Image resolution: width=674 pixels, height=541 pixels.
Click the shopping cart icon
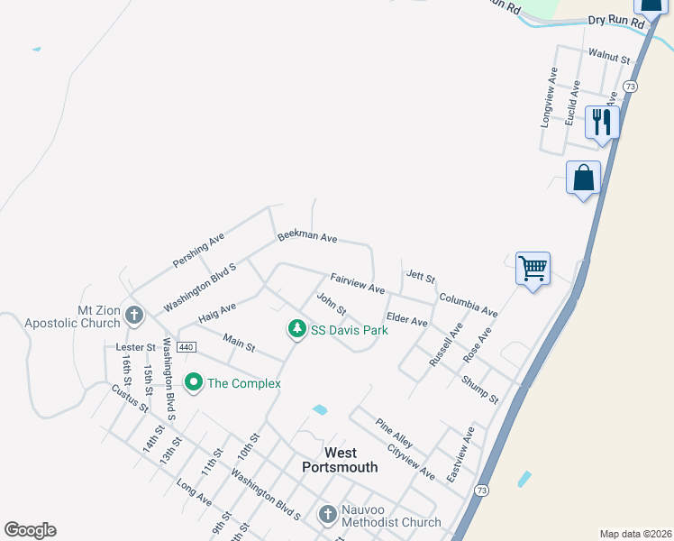[x=533, y=268]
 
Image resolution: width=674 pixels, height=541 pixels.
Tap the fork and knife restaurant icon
[x=602, y=121]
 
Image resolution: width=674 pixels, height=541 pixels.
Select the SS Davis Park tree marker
[x=296, y=330]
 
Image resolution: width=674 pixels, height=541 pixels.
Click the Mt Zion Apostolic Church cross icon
[x=134, y=315]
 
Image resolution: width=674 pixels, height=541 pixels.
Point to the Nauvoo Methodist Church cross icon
[x=328, y=514]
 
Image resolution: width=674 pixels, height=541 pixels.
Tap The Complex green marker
[x=193, y=383]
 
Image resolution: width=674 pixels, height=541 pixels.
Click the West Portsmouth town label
[x=341, y=460]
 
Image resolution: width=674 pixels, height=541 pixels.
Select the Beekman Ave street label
[x=307, y=236]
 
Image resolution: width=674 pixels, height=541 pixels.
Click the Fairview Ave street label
[x=358, y=283]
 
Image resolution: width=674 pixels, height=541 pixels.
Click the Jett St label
[x=421, y=276]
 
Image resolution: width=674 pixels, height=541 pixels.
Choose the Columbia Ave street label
[x=469, y=305]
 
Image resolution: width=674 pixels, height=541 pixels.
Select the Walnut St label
[x=608, y=57]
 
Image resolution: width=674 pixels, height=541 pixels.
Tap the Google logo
[x=30, y=530]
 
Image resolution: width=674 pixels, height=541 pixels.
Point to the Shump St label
[x=480, y=389]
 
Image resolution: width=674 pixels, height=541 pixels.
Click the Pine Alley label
[x=395, y=432]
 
